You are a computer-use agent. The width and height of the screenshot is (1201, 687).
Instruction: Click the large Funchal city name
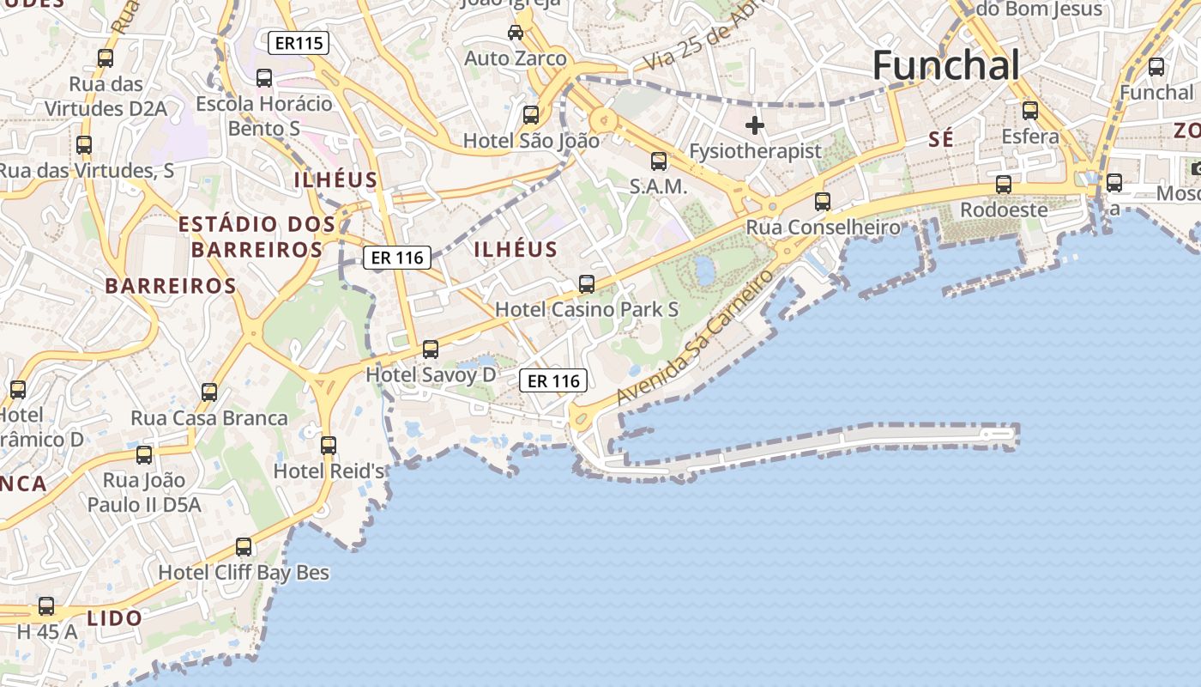pos(946,66)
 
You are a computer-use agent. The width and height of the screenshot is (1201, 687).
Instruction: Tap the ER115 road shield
pos(298,43)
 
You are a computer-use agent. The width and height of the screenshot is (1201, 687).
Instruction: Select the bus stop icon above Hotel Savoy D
pos(431,350)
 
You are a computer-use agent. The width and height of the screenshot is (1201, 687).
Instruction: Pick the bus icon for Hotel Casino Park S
pos(587,284)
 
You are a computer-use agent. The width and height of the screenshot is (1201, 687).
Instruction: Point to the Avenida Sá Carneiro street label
pos(689,337)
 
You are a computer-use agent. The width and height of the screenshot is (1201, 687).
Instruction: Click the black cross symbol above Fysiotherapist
pos(755,125)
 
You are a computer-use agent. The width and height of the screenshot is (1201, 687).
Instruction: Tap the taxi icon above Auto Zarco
pos(516,33)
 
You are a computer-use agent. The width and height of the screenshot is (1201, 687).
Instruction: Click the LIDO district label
pos(115,617)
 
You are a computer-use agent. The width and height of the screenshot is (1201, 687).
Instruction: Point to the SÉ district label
pos(941,140)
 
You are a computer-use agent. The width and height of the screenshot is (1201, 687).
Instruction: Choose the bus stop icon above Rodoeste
pos(1003,185)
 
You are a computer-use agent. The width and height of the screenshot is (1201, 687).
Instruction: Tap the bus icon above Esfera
pos(1030,111)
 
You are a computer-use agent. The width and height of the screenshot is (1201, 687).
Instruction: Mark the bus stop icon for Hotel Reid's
pos(329,446)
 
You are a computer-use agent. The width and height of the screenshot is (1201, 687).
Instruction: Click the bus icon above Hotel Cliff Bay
pos(244,547)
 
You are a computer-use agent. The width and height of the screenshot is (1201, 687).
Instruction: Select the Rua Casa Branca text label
pos(209,418)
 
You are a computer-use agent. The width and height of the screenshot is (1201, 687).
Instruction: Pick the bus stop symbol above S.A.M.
pos(659,161)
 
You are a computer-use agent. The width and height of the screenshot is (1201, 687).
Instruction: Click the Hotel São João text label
pos(531,140)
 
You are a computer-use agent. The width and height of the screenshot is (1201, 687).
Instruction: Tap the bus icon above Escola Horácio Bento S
pos(264,78)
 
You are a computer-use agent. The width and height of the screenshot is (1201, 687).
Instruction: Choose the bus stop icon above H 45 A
pos(46,606)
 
